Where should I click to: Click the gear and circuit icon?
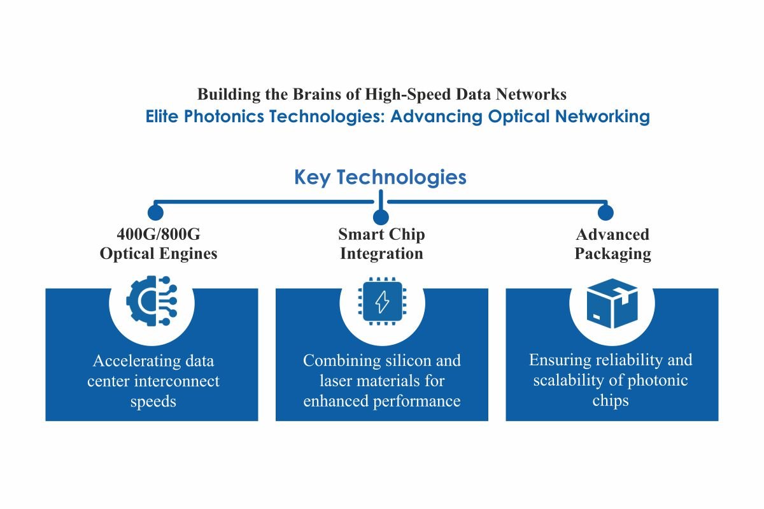152,301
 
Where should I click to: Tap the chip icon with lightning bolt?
382,301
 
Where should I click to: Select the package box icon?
612,303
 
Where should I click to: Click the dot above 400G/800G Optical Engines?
155,213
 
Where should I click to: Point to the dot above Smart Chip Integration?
381,217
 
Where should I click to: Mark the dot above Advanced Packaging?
605,213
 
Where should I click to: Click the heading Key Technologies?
380,178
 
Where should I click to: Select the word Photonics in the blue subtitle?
224,116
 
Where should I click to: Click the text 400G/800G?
159,234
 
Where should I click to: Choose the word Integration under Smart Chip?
381,254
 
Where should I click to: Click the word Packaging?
613,254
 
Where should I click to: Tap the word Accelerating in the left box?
137,361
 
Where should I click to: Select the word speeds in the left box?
153,401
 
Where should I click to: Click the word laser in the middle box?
336,381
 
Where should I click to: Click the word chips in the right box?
611,401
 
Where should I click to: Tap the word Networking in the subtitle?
602,116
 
